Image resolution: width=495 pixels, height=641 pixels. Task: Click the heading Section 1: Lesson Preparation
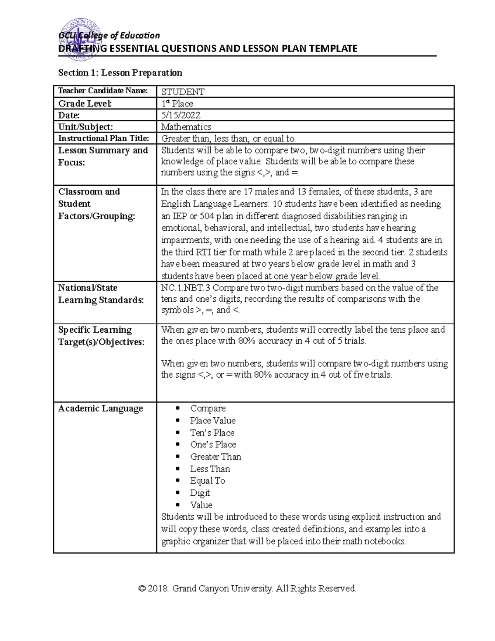pyautogui.click(x=120, y=73)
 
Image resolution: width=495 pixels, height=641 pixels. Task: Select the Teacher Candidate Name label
pyautogui.click(x=103, y=91)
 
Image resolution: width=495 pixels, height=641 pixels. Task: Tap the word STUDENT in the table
pyautogui.click(x=183, y=92)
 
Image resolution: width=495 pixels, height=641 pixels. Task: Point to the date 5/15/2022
pyautogui.click(x=181, y=115)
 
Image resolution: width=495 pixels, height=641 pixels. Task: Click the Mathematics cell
pyautogui.click(x=186, y=127)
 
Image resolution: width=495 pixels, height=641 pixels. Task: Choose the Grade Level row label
pyautogui.click(x=85, y=103)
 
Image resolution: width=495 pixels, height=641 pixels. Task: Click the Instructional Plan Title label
pyautogui.click(x=104, y=138)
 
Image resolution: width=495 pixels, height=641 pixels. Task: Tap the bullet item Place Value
pyautogui.click(x=212, y=421)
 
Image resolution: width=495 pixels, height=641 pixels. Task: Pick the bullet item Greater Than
pyautogui.click(x=215, y=457)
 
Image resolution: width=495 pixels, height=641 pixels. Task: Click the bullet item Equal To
pyautogui.click(x=207, y=480)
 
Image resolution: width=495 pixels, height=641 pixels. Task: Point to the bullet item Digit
pyautogui.click(x=200, y=493)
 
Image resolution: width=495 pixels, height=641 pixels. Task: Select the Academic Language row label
pyautogui.click(x=101, y=408)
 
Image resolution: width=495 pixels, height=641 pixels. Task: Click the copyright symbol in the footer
pyautogui.click(x=142, y=589)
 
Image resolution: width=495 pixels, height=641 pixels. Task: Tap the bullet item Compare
pyautogui.click(x=207, y=408)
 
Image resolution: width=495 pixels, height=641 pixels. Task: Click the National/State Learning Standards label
pyautogui.click(x=101, y=294)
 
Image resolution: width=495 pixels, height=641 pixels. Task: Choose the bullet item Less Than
pyautogui.click(x=210, y=469)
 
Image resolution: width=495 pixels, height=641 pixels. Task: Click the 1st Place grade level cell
pyautogui.click(x=177, y=103)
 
